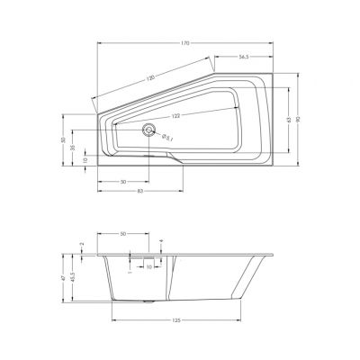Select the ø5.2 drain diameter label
pyautogui.click(x=167, y=137)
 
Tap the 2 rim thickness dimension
pyautogui.click(x=81, y=244)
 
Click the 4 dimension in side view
pyautogui.click(x=160, y=242)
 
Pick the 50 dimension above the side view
pyautogui.click(x=121, y=233)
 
